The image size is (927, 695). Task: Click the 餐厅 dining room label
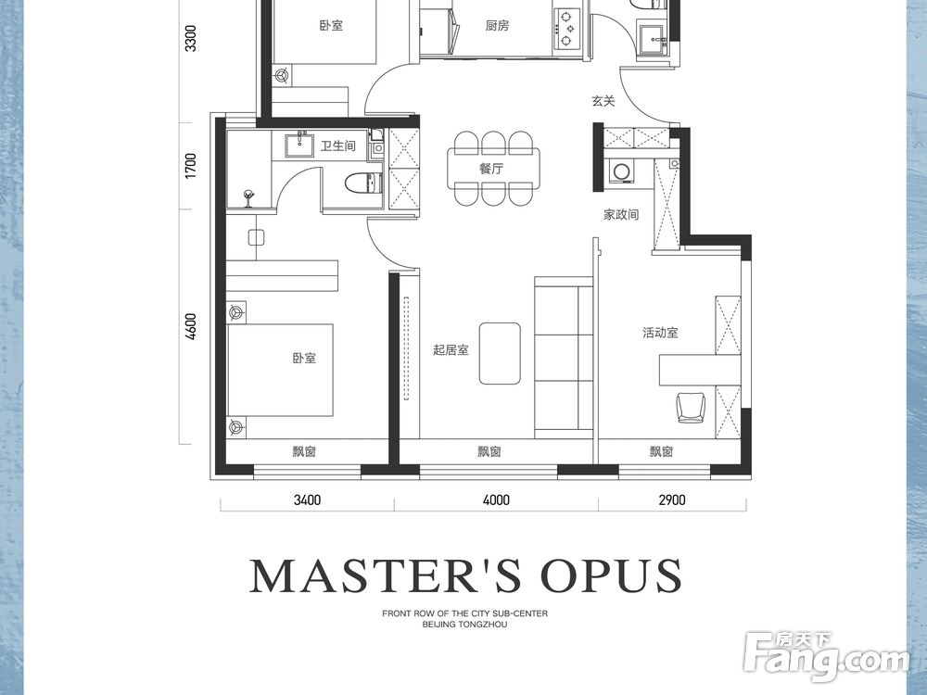point(491,169)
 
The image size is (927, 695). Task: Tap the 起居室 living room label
point(451,350)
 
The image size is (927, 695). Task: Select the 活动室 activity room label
point(660,333)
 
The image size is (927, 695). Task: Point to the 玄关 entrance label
point(603,101)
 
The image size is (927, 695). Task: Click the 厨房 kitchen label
point(497,25)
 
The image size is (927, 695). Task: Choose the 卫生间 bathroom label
point(338,145)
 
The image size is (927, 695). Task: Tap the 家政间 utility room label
point(621,215)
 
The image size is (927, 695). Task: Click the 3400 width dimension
point(308,500)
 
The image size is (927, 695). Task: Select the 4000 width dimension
point(496,500)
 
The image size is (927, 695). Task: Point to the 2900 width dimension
point(672,500)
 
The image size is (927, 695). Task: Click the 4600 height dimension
point(190,326)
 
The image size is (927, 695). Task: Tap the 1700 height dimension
point(190,166)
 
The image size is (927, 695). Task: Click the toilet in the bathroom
point(363,183)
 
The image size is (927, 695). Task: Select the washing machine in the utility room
point(621,172)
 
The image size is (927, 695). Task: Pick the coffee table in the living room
point(501,353)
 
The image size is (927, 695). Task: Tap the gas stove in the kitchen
point(565,28)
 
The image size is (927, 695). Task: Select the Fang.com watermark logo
point(827,655)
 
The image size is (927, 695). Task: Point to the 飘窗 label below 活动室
point(662,452)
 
